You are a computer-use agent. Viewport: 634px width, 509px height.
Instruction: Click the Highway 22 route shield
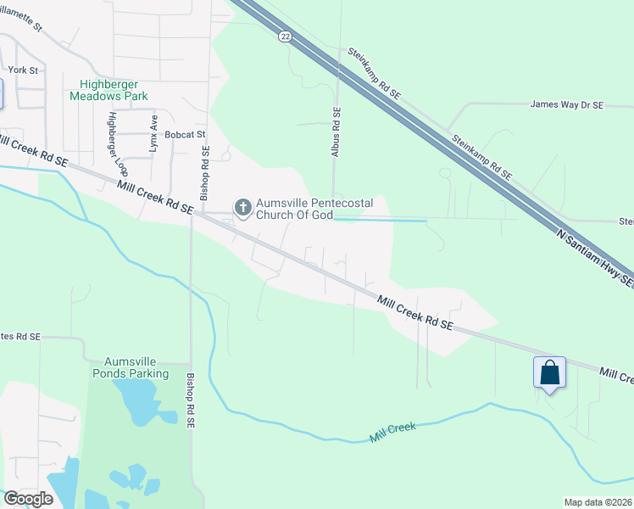click(285, 35)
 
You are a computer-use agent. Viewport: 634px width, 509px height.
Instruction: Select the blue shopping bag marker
click(549, 372)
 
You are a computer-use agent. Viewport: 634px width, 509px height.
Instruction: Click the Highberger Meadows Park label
click(114, 90)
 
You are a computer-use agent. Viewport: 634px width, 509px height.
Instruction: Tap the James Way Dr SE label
click(566, 105)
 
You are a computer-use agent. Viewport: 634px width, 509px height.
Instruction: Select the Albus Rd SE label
click(336, 131)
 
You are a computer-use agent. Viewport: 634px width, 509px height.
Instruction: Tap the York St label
click(23, 70)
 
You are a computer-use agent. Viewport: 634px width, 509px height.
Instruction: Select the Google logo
click(28, 498)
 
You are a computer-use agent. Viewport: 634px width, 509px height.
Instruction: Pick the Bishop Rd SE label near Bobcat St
click(204, 173)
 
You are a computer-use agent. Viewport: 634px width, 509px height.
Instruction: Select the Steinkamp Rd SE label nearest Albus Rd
click(374, 75)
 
